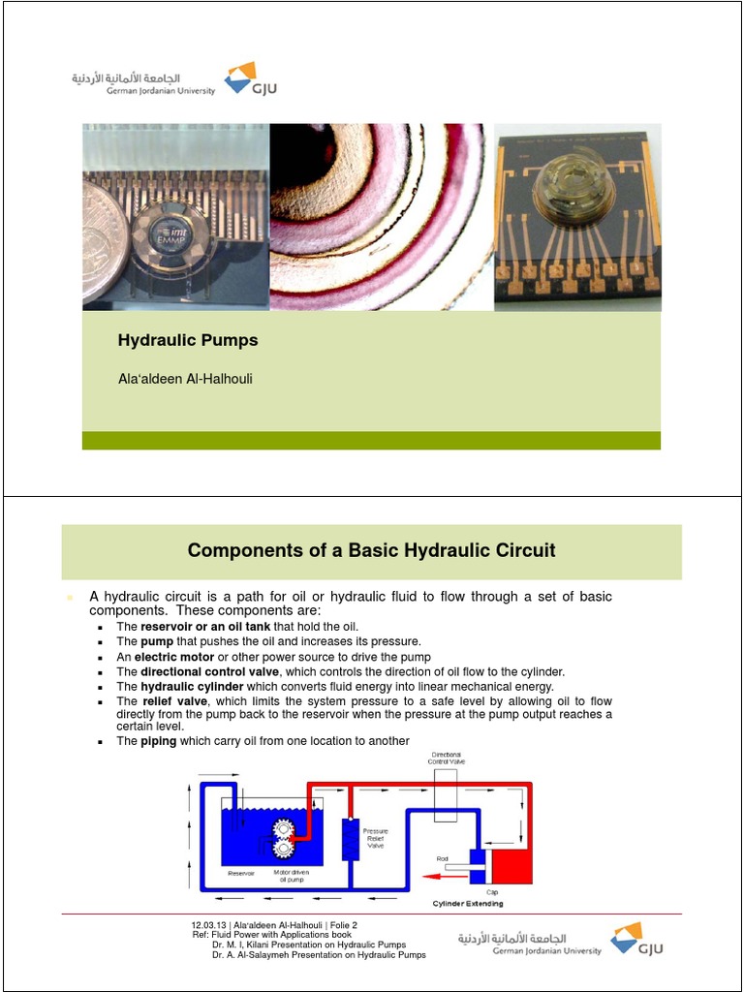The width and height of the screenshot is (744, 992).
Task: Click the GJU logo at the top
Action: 241,79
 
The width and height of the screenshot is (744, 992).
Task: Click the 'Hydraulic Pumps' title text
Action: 188,341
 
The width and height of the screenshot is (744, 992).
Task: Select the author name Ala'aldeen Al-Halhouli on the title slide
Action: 185,379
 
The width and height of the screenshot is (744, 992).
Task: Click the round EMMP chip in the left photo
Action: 170,234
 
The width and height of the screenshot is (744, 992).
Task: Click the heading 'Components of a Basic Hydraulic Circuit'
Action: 371,551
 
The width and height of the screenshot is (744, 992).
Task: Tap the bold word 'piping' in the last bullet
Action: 159,741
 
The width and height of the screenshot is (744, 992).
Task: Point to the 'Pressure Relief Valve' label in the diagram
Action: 375,838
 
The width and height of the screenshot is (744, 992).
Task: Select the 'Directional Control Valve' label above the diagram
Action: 447,758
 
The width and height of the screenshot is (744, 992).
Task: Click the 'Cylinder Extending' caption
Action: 467,904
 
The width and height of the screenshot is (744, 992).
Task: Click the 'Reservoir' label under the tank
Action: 240,874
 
